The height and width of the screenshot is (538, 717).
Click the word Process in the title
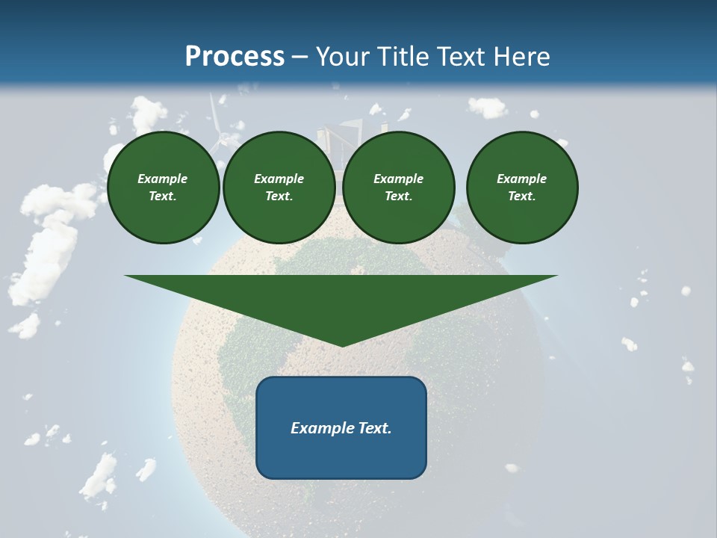click(x=235, y=57)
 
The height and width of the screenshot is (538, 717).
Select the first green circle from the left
click(x=163, y=188)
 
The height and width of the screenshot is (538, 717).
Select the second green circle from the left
click(x=279, y=188)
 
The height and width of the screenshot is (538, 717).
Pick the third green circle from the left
click(x=399, y=188)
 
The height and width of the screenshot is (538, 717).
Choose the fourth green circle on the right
click(x=522, y=188)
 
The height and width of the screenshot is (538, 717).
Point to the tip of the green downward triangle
click(x=341, y=345)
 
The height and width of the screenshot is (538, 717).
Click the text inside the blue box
click(x=341, y=428)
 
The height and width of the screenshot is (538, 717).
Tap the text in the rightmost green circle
click(x=522, y=188)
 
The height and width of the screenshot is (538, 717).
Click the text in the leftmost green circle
click(x=163, y=188)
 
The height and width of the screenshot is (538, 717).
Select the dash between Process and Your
click(x=300, y=57)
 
